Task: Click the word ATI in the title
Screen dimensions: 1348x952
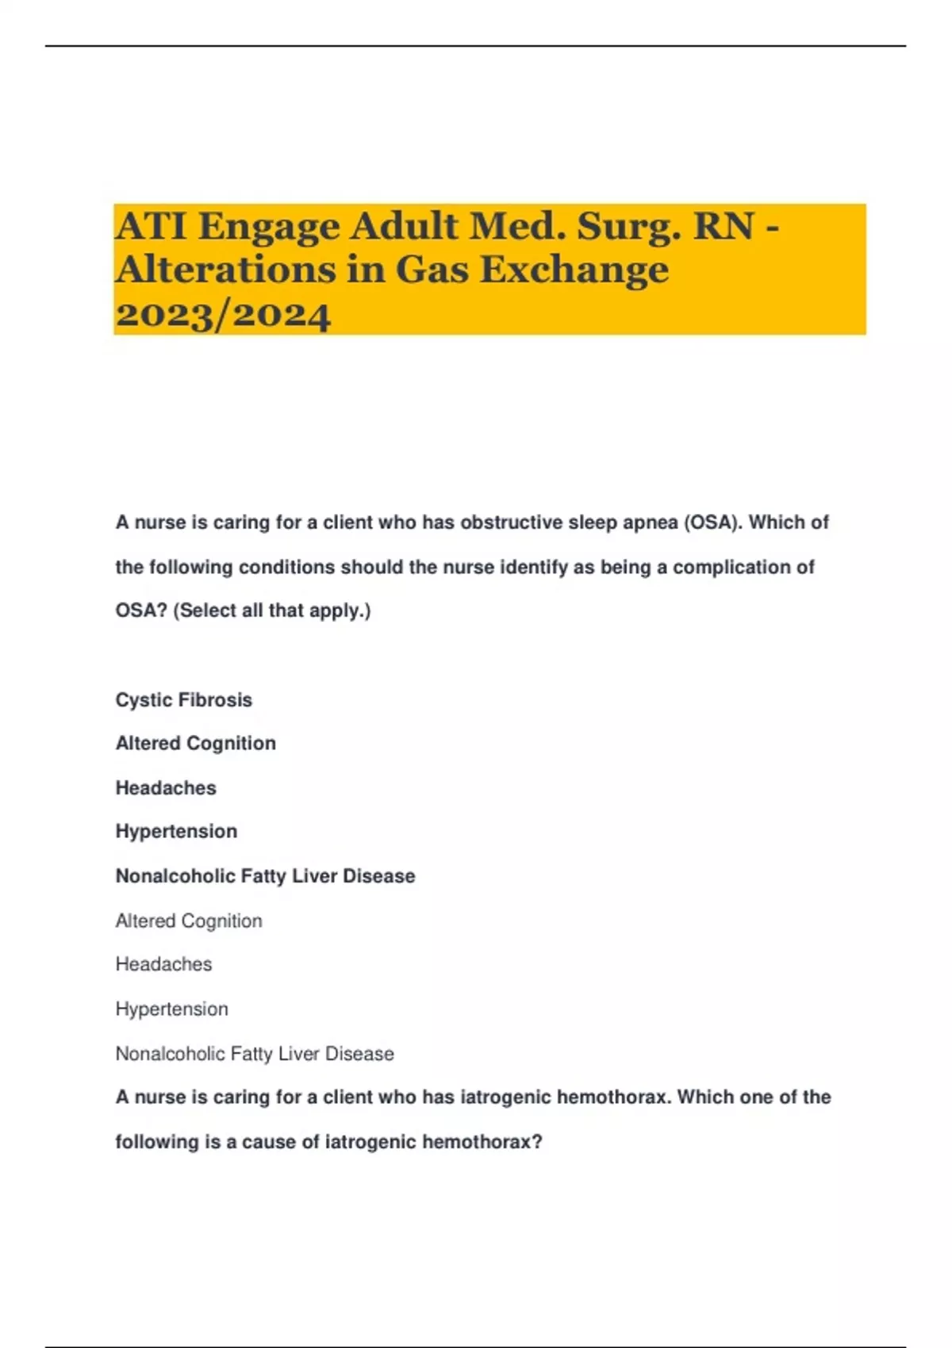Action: [x=151, y=227]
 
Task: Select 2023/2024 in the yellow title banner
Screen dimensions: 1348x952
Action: [x=223, y=315]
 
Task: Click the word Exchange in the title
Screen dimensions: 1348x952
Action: [x=574, y=270]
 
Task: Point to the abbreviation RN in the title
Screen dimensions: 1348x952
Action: [x=724, y=227]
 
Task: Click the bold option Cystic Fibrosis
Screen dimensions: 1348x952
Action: [x=184, y=700]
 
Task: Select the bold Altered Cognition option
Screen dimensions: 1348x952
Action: [x=196, y=744]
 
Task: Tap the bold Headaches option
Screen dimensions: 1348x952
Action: [x=166, y=788]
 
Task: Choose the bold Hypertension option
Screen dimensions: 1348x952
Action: [x=176, y=832]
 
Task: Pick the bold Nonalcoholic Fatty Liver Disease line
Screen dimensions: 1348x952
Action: [x=265, y=876]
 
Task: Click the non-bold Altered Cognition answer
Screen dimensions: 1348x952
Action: [x=189, y=921]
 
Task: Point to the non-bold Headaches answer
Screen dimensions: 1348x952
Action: [x=163, y=965]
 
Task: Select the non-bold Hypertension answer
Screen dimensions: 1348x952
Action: [x=171, y=1009]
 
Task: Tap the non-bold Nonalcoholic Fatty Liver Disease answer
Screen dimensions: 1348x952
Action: [x=255, y=1054]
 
